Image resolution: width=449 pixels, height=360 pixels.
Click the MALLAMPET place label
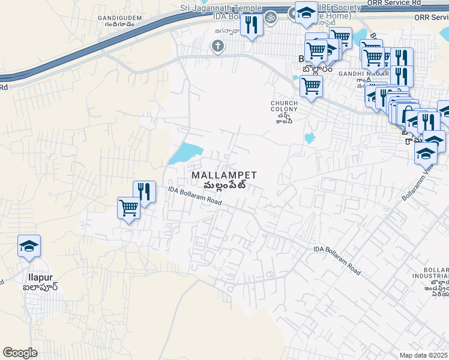point(224,175)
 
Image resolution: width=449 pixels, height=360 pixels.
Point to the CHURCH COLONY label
point(283,106)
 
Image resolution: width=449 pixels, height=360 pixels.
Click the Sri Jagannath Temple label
point(220,8)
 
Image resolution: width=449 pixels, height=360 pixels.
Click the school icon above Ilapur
point(29,246)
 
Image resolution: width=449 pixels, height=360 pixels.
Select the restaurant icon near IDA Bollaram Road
point(143,192)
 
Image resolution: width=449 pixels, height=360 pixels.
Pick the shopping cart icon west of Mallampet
point(128,208)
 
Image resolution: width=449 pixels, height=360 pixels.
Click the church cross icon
point(217,46)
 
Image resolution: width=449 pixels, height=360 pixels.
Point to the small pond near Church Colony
point(310,138)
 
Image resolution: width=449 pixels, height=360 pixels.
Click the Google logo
point(20,353)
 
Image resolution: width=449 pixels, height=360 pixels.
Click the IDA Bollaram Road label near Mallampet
point(195,196)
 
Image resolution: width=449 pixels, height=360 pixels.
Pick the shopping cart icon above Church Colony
point(311,86)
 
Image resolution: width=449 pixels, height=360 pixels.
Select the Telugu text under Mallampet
point(224,185)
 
